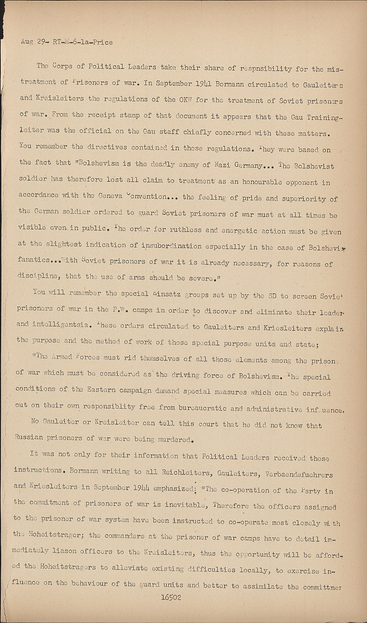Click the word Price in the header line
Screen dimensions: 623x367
(x=103, y=42)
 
